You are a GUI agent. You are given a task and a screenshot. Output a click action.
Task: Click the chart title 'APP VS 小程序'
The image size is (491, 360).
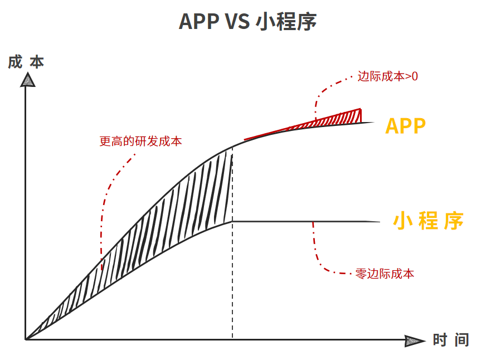click(247, 21)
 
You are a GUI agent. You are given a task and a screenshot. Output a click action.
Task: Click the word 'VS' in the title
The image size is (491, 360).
click(237, 22)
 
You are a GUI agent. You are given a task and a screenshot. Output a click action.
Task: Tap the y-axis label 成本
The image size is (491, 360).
click(26, 62)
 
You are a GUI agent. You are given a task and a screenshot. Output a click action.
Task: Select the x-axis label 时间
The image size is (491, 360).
click(451, 340)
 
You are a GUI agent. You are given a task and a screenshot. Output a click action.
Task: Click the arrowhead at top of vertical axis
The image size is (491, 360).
click(27, 80)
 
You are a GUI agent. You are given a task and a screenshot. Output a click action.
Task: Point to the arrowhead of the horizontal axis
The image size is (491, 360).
click(415, 340)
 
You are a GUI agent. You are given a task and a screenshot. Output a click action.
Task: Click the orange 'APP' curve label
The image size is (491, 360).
click(406, 126)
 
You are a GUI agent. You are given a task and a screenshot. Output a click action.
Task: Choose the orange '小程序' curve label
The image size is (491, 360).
click(429, 221)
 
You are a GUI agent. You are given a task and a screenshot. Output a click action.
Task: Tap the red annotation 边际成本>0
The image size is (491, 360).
click(388, 76)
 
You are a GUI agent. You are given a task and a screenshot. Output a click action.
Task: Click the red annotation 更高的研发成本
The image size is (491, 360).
click(140, 141)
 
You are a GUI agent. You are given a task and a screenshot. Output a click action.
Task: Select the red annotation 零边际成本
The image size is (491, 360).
click(385, 274)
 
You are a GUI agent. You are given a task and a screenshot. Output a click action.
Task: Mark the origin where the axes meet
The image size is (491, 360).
click(26, 339)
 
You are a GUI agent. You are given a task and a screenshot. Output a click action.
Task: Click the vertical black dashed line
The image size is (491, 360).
click(232, 242)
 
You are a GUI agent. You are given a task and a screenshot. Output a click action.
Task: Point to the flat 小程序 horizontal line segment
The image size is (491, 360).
click(306, 222)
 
